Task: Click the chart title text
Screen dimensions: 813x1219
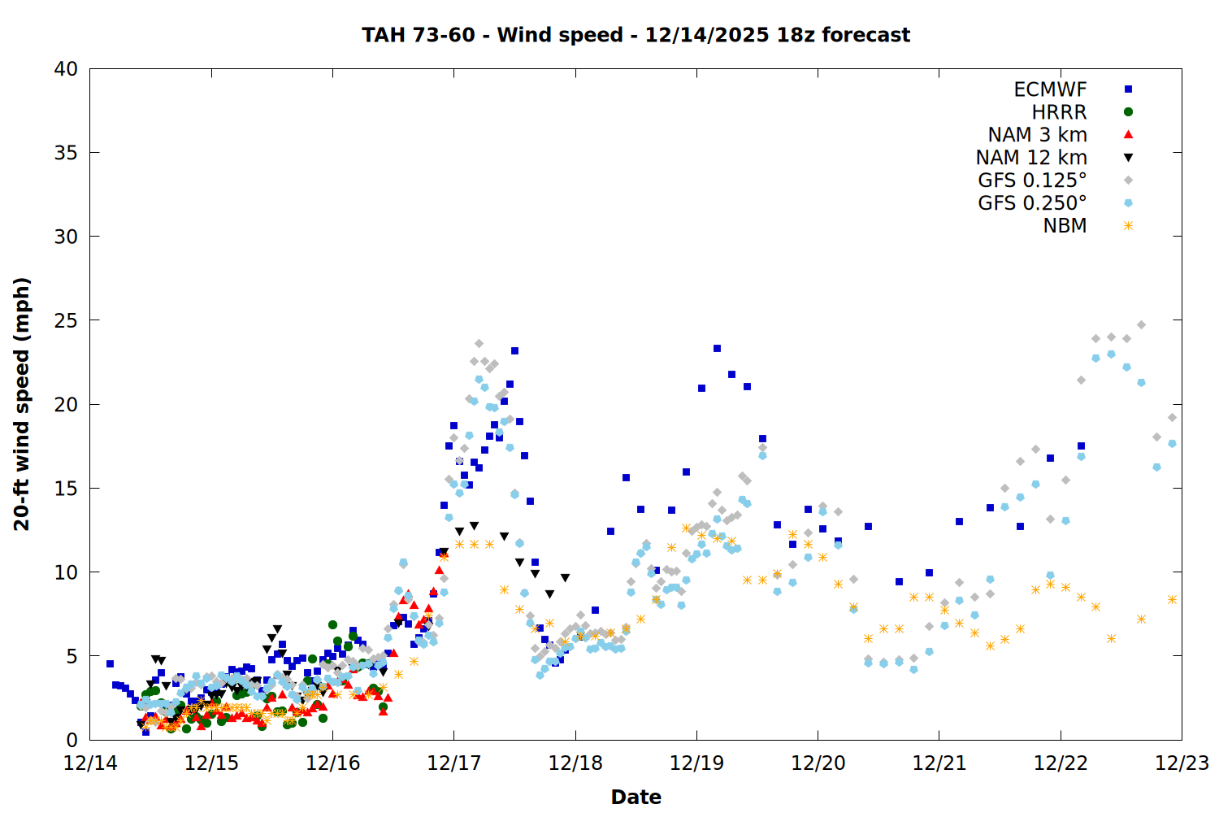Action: click(x=636, y=35)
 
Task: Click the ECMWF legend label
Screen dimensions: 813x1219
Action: click(x=1050, y=89)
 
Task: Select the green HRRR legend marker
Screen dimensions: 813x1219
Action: click(x=1128, y=112)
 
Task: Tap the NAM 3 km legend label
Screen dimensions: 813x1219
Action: click(x=1037, y=135)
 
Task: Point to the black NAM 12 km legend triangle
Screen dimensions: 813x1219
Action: click(x=1128, y=158)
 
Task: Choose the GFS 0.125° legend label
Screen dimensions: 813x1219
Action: click(x=1032, y=180)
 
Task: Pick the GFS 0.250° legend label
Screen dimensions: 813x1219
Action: click(x=1032, y=203)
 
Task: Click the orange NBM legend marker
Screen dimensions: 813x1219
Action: click(x=1128, y=226)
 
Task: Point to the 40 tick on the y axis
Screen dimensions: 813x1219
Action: click(x=67, y=69)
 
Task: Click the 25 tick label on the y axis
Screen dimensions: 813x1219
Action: click(x=67, y=320)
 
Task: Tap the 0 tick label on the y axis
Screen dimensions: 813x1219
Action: click(x=72, y=740)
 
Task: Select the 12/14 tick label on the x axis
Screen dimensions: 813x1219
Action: click(x=89, y=763)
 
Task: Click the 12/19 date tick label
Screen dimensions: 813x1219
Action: click(x=696, y=763)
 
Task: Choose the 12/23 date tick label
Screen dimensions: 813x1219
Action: click(x=1182, y=763)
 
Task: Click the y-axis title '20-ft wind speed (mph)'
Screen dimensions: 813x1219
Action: click(x=22, y=404)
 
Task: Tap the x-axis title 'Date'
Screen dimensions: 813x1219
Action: click(x=636, y=797)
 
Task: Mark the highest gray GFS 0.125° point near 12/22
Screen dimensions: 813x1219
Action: click(x=1141, y=325)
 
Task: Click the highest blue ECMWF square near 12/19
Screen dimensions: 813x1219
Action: click(x=717, y=349)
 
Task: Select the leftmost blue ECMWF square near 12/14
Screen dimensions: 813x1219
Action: click(x=110, y=664)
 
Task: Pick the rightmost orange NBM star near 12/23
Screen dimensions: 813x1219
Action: click(x=1172, y=600)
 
